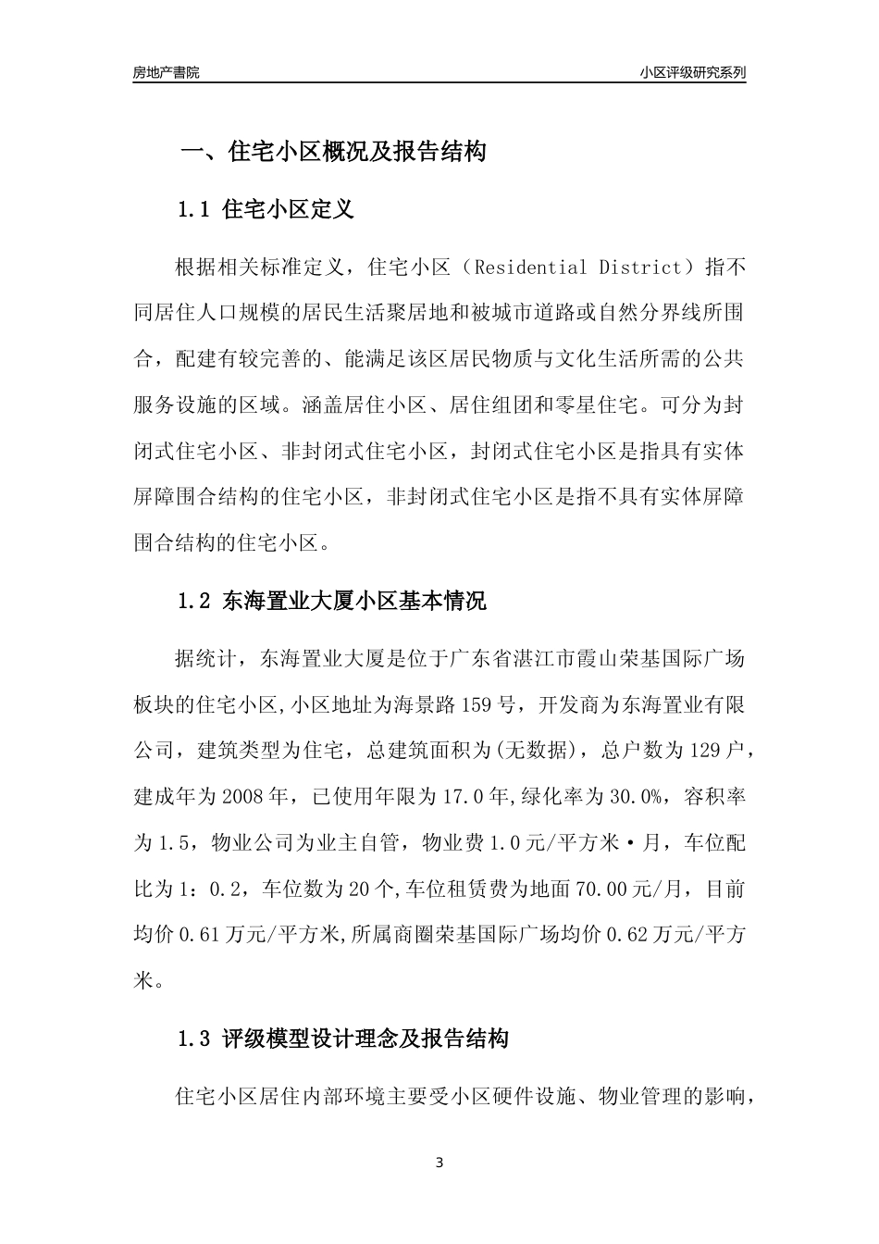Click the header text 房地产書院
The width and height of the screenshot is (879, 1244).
pos(167,72)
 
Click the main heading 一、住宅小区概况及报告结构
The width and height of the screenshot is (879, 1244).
pos(332,151)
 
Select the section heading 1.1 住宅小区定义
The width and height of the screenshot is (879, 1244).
pos(266,209)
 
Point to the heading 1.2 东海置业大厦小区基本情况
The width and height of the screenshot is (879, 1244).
pos(331,601)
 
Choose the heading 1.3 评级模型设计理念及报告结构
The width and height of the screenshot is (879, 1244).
pos(342,1039)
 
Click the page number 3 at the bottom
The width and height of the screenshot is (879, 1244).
pos(439,1162)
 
